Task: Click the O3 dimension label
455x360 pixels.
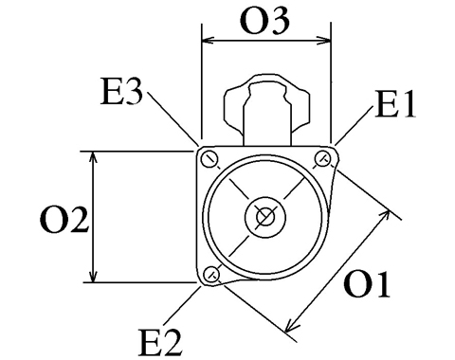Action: (264, 21)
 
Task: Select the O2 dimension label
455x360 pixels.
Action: (64, 220)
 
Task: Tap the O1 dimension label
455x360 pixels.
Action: (367, 284)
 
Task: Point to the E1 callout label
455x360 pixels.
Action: (395, 104)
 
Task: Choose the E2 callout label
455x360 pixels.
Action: (160, 342)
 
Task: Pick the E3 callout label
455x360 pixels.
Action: (121, 92)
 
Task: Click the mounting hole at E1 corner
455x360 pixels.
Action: (323, 158)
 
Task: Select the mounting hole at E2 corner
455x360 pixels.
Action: (211, 274)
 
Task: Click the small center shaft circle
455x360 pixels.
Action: (265, 217)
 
